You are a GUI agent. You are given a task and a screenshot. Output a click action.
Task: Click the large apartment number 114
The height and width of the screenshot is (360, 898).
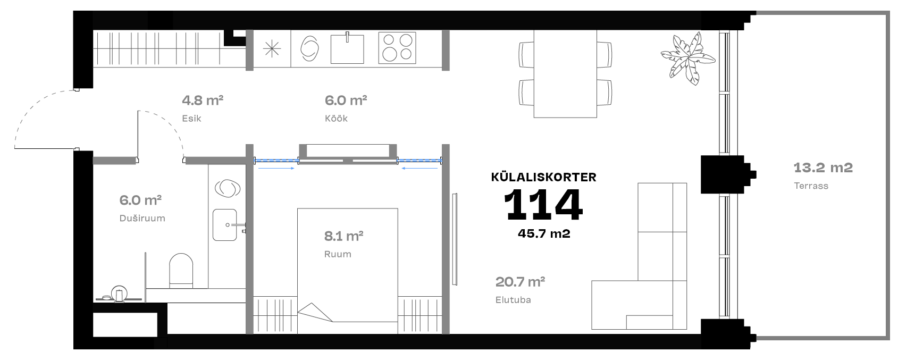[x=543, y=205]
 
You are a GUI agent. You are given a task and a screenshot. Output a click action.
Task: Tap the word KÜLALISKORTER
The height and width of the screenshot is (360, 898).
[x=543, y=177]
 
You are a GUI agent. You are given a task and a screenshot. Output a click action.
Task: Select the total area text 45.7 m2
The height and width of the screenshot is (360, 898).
[x=544, y=234]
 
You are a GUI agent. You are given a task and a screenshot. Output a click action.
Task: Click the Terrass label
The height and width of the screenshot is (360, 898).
[x=811, y=186]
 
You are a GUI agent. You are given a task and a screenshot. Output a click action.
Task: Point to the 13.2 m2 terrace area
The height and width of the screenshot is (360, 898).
[x=823, y=168]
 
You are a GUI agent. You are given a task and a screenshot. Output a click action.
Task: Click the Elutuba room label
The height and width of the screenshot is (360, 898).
[x=513, y=300]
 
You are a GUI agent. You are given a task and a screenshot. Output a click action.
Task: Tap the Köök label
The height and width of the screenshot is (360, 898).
[x=336, y=118]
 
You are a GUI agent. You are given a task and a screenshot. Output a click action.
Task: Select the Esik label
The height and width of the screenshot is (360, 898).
[x=191, y=118]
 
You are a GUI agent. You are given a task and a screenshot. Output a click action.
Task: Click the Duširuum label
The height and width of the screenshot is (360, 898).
[x=142, y=218]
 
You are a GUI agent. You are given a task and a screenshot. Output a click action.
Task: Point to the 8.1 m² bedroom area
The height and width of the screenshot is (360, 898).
[x=343, y=236]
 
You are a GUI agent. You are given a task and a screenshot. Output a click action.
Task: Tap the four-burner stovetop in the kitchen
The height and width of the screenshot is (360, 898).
[x=397, y=48]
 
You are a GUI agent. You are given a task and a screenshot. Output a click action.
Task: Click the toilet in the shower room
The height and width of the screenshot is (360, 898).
[x=181, y=270]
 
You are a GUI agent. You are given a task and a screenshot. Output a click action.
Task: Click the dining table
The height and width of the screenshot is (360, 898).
[x=565, y=74]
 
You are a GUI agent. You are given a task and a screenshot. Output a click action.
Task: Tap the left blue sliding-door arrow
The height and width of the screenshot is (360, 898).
[x=276, y=169]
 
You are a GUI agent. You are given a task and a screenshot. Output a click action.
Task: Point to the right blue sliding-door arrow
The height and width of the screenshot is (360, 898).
[x=419, y=169]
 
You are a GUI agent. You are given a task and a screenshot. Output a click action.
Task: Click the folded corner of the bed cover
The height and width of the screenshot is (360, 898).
[x=315, y=313]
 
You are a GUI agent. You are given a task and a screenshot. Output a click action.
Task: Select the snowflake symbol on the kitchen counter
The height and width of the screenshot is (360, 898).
[x=272, y=49]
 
